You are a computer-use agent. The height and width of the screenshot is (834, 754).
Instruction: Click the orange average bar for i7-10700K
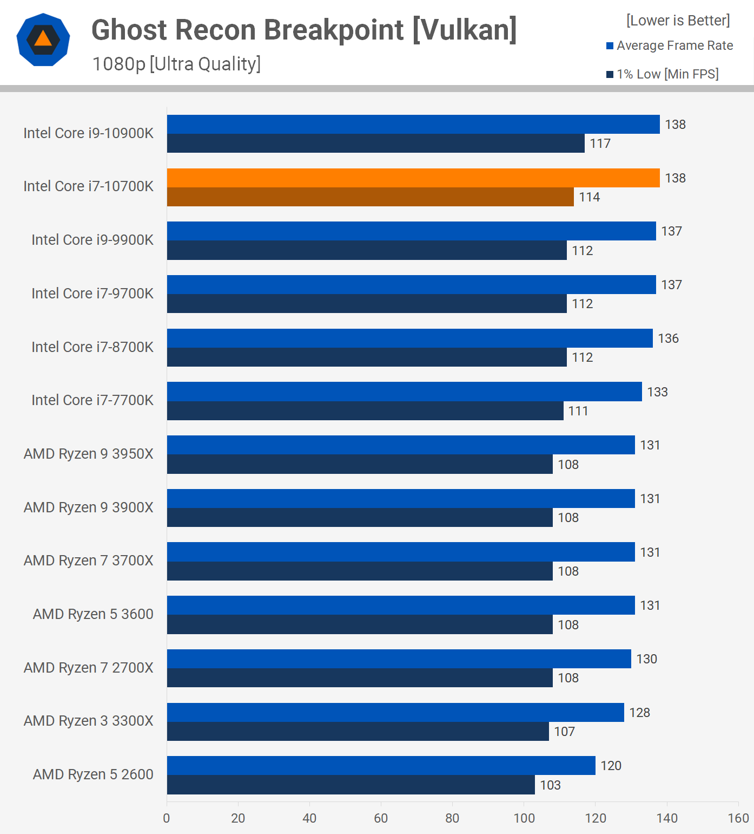point(413,178)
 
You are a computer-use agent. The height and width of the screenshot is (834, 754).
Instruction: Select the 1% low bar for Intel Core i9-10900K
point(375,144)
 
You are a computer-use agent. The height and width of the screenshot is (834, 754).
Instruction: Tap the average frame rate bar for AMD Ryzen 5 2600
point(381,765)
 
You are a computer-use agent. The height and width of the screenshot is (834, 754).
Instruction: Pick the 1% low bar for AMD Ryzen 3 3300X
point(358,732)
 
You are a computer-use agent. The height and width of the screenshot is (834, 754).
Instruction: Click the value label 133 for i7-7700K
point(657,392)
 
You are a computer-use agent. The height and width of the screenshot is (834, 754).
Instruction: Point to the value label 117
point(600,144)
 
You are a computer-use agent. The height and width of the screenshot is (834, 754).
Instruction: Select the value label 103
point(550,785)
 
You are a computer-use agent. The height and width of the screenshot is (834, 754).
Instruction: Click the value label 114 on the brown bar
point(589,197)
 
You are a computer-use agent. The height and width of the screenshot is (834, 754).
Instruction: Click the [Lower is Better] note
point(678,21)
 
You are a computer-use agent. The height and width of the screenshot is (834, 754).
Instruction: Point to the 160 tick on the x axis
point(738,818)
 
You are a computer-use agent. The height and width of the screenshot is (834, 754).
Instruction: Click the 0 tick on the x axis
point(167,818)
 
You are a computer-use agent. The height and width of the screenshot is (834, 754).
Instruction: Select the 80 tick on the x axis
point(452,818)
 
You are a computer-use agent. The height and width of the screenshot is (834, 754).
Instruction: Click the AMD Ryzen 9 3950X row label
point(89,454)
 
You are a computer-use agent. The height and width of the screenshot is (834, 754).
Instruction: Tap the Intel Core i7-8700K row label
point(92,347)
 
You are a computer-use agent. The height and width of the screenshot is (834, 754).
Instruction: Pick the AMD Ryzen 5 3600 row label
point(93,614)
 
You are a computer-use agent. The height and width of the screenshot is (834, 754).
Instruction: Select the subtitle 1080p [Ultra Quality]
point(176,64)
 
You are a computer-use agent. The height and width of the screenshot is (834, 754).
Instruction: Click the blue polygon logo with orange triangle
point(43,40)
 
